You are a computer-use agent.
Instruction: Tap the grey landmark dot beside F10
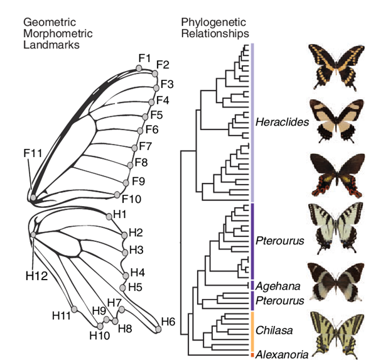pyautogui.click(x=117, y=194)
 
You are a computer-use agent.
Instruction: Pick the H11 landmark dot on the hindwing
pyautogui.click(x=74, y=308)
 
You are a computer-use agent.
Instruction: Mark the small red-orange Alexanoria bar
pyautogui.click(x=251, y=355)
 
